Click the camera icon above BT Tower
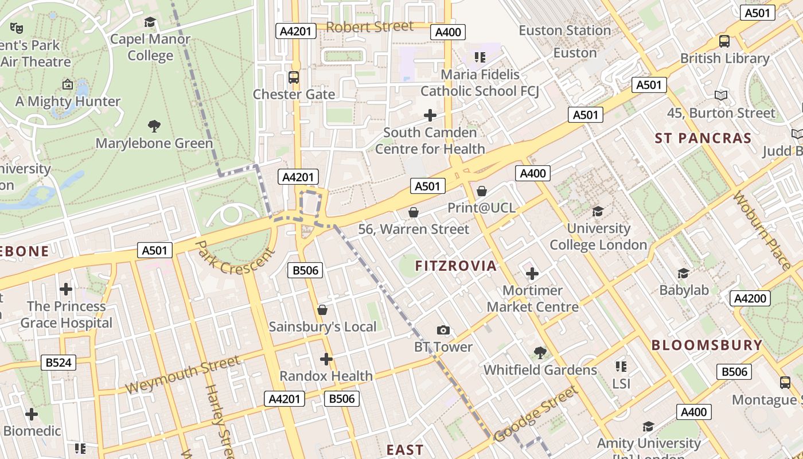pos(443,330)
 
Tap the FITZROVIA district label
pos(456,266)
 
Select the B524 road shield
pos(59,363)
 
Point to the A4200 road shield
pos(750,298)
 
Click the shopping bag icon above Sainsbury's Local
pos(322,310)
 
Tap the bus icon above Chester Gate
pos(294,77)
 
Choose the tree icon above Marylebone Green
pos(154,126)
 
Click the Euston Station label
pos(564,30)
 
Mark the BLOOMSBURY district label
pos(707,345)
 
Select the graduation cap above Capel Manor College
pos(150,22)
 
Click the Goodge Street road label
pos(535,414)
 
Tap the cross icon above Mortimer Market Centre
pos(532,274)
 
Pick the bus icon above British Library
pos(724,41)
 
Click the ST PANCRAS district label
pos(703,138)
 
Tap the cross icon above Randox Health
pos(326,360)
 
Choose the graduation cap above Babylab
pos(683,273)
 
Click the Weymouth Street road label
pos(182,375)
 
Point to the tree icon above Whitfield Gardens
pos(540,352)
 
